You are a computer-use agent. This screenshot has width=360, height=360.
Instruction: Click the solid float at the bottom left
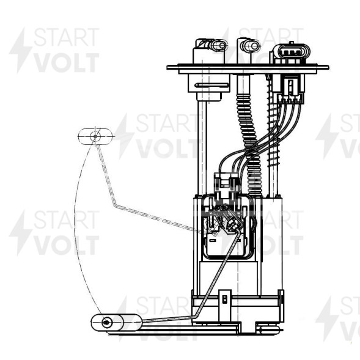(116, 323)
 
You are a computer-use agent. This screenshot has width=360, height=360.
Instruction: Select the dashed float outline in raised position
(95, 136)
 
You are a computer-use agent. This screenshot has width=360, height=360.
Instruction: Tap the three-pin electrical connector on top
(291, 53)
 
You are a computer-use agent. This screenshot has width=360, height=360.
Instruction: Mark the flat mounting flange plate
(248, 67)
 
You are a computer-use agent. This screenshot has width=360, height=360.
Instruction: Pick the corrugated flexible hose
(250, 145)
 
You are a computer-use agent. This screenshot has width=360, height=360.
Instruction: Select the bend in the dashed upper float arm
(114, 205)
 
